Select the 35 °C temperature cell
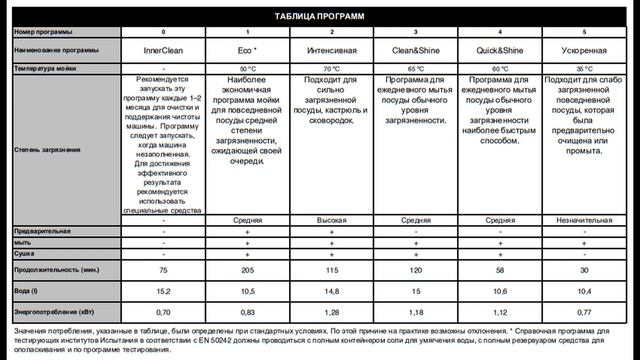pos(584,68)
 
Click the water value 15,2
pos(163,290)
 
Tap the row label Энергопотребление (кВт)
pos(55,312)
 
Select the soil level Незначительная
pos(584,220)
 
